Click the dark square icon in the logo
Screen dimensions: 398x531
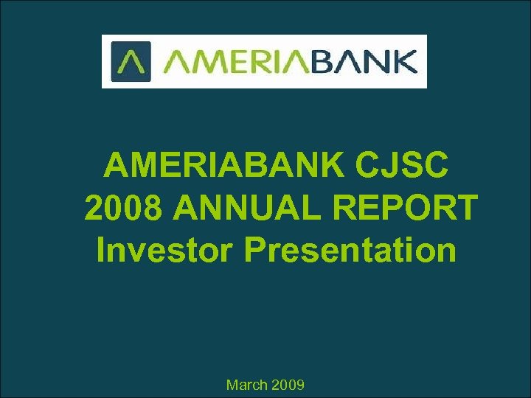coord(131,61)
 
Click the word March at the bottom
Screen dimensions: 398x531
coord(247,385)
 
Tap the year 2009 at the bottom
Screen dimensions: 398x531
coord(288,385)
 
